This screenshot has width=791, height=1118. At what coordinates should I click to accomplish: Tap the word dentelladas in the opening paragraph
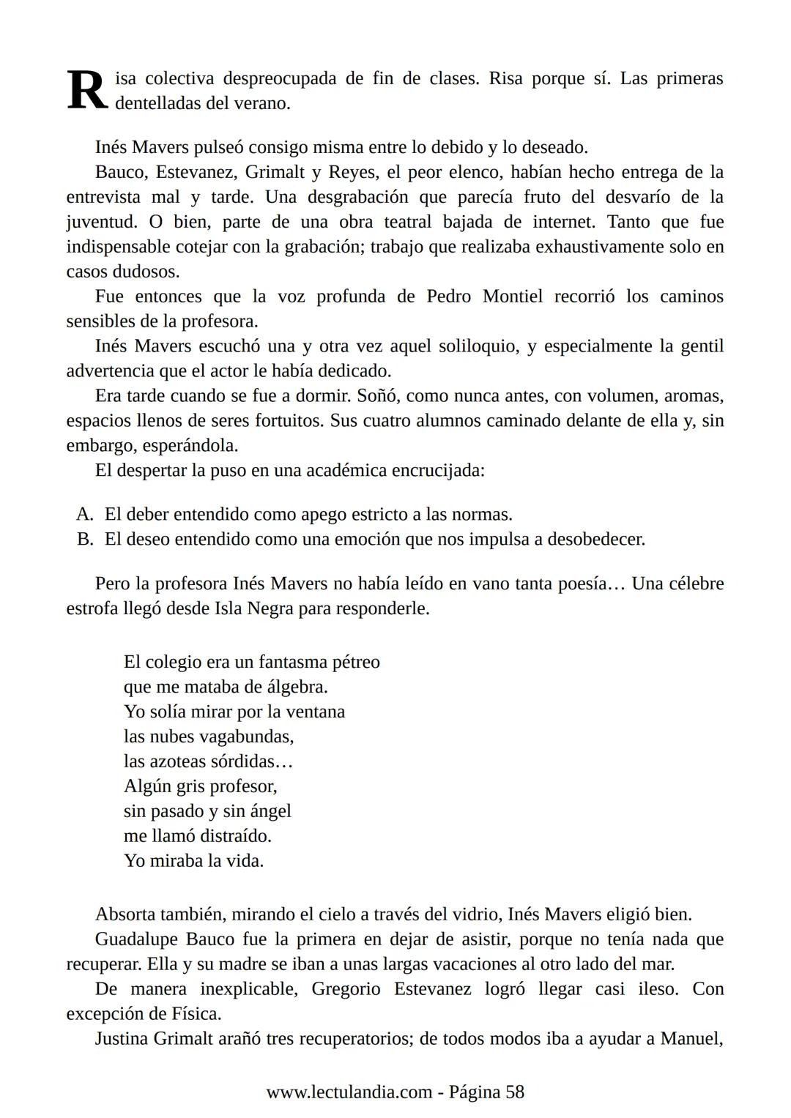[157, 103]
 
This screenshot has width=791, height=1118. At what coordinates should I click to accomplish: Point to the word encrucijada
[438, 470]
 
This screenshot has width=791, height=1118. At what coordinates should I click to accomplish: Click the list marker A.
[85, 515]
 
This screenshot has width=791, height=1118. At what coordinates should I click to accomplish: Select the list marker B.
[85, 540]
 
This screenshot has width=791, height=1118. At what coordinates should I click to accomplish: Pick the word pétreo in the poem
[356, 663]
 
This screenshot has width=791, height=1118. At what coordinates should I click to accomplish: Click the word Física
[195, 1014]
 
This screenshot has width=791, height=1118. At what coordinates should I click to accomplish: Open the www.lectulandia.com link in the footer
[349, 1092]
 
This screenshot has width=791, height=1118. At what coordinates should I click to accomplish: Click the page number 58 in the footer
[515, 1092]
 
